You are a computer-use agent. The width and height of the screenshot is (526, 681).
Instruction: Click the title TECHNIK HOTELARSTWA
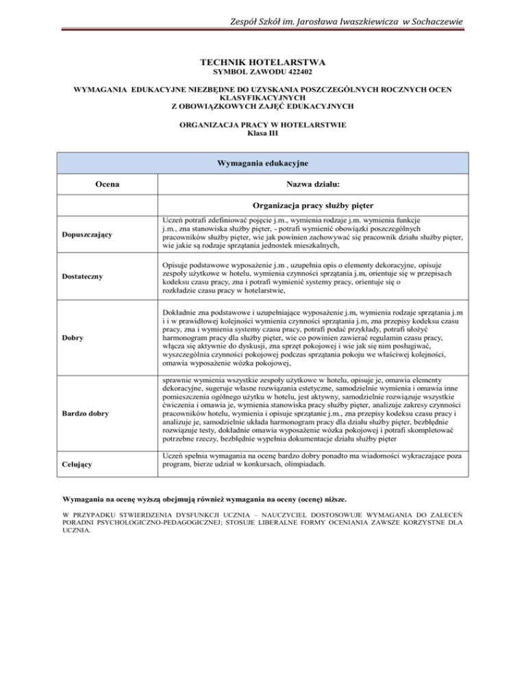(x=262, y=62)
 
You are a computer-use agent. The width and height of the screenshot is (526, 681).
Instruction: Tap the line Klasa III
(x=262, y=134)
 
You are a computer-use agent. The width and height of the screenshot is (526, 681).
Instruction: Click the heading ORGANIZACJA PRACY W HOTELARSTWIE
(x=262, y=125)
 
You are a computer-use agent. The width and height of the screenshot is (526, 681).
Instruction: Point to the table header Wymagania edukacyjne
(x=262, y=164)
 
